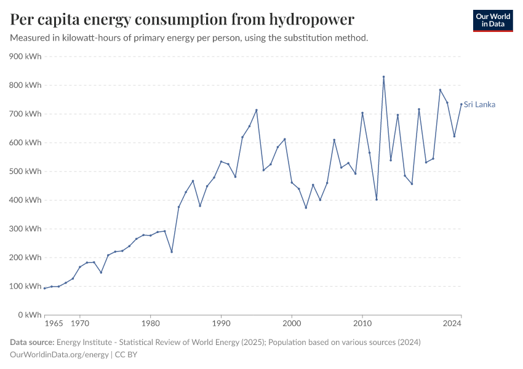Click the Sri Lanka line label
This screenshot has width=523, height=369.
click(x=479, y=105)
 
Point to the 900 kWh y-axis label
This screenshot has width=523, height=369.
click(x=25, y=57)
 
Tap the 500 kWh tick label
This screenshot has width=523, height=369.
click(x=25, y=172)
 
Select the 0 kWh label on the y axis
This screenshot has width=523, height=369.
click(x=30, y=315)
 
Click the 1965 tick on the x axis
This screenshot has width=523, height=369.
click(x=54, y=323)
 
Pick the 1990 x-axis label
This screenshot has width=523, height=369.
click(x=221, y=323)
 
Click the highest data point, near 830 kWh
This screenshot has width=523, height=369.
click(x=383, y=77)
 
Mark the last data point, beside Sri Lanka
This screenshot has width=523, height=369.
click(x=461, y=104)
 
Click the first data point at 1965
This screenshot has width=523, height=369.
click(x=45, y=288)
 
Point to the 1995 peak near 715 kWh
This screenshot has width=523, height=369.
click(x=257, y=110)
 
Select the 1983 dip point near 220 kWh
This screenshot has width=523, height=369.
click(x=172, y=252)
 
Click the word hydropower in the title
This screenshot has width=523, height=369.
click(x=311, y=20)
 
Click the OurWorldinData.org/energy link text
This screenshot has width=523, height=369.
click(x=59, y=355)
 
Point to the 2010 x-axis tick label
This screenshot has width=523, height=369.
click(x=362, y=323)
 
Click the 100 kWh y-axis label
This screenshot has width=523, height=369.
click(x=25, y=286)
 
